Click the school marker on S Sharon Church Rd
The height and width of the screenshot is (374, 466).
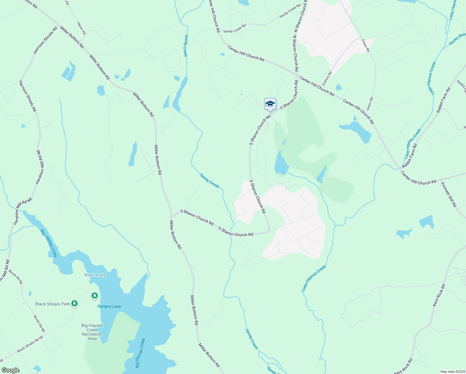[270, 104]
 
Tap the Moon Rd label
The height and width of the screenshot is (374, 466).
[81, 28]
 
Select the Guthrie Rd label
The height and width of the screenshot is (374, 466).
[327, 79]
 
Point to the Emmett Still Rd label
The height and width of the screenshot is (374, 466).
[449, 194]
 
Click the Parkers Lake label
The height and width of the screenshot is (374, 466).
[109, 306]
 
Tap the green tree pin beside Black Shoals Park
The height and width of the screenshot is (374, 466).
[74, 303]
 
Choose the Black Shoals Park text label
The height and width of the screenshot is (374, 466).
[52, 304]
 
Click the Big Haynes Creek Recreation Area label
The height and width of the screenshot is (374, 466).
[92, 332]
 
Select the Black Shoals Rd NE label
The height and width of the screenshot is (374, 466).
[30, 344]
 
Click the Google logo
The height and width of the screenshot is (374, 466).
[11, 370]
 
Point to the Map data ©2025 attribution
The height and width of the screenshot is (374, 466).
[453, 372]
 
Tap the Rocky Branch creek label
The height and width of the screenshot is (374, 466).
[457, 39]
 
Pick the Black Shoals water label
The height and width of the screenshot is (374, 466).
[95, 275]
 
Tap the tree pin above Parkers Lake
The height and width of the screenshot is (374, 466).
[95, 295]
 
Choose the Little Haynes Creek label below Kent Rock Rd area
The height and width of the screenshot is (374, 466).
[314, 278]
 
